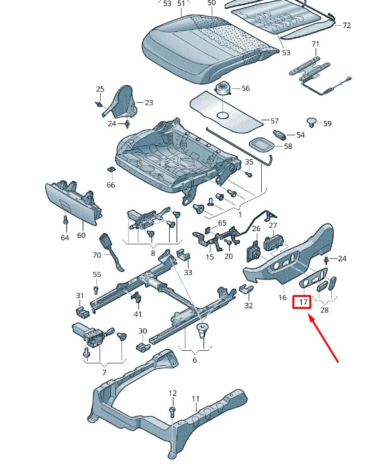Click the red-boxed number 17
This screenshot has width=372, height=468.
303,302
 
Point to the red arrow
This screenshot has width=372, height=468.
324,339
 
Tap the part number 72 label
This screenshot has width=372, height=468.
346,26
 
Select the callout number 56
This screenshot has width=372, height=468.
245,89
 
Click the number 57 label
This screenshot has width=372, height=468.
273,120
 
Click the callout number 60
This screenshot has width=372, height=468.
81,236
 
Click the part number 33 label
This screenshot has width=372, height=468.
188,272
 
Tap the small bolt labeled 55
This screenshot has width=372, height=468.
96,289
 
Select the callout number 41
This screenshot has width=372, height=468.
138,314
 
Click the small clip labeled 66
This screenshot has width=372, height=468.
111,170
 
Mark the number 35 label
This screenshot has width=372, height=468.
249,162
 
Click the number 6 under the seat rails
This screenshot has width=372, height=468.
194,360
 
